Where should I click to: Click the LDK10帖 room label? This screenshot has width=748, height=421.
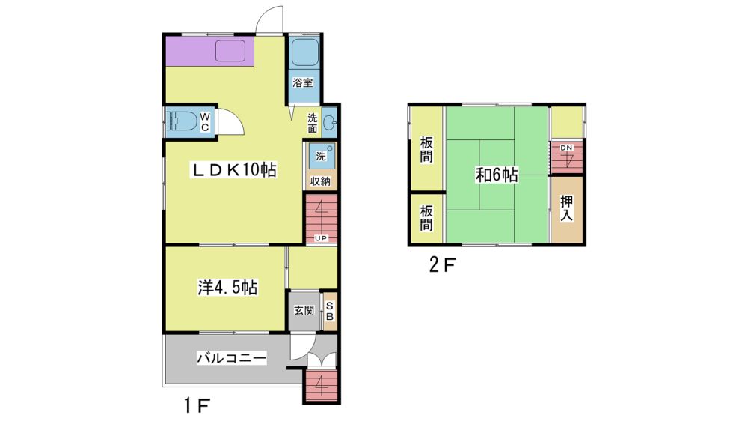[233, 169]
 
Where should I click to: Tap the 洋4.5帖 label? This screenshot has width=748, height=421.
[227, 287]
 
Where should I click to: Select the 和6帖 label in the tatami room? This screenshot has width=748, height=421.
[497, 175]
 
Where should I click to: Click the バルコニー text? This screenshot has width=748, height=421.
[232, 358]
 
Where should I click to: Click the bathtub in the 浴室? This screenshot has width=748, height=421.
[305, 52]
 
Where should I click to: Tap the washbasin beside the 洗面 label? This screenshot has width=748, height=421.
[330, 123]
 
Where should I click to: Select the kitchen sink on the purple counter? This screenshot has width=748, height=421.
[230, 51]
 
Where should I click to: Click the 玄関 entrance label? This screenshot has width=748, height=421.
[304, 311]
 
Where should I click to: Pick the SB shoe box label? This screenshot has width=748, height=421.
[330, 311]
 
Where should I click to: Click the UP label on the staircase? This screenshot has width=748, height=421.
[321, 238]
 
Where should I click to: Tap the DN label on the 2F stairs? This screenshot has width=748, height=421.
[566, 148]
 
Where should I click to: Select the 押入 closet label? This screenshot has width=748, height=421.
[566, 208]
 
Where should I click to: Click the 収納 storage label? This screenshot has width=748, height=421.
[321, 181]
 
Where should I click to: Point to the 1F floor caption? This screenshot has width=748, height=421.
[197, 406]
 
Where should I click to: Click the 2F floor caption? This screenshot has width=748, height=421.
[442, 264]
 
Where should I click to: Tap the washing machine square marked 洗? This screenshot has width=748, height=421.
[321, 156]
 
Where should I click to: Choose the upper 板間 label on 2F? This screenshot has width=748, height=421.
[426, 150]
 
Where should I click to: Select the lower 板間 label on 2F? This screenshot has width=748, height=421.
[426, 217]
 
